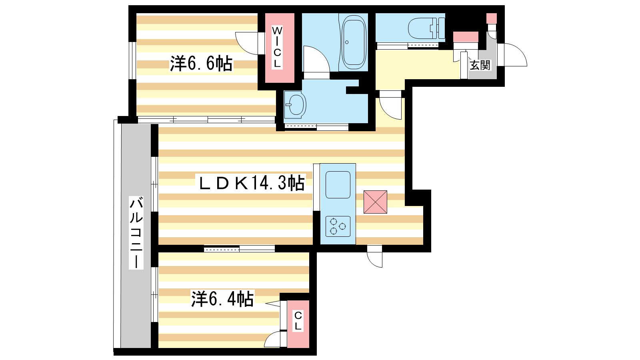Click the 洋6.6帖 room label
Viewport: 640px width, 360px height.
(x=202, y=64)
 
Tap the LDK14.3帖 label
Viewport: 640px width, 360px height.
(x=252, y=182)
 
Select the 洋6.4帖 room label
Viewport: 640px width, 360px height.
(x=222, y=299)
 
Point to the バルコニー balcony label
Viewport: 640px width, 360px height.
(x=136, y=232)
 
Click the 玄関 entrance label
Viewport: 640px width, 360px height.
(x=480, y=65)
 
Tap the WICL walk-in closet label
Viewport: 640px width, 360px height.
(x=277, y=47)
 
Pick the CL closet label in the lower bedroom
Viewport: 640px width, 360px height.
(x=298, y=321)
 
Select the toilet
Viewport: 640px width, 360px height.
(x=426, y=28)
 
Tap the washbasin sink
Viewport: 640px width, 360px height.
(x=295, y=104)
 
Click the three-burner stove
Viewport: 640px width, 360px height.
(x=338, y=226)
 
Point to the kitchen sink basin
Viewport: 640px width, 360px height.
(x=338, y=184)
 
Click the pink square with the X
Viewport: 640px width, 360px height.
(x=375, y=202)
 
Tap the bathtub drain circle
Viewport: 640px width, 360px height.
(x=347, y=42)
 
